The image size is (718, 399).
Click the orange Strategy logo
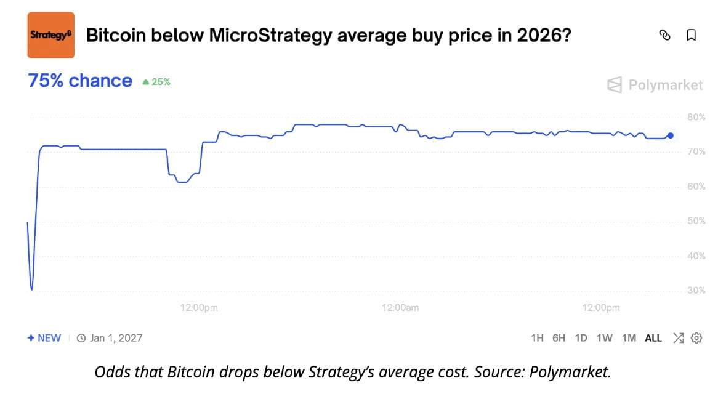point(51,35)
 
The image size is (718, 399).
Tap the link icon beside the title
point(664,35)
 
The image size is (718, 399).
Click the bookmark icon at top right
point(691,35)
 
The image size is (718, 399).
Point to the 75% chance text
point(80,81)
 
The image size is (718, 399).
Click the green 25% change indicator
point(156,81)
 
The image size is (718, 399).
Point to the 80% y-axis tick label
point(696,117)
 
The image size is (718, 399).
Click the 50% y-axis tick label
point(696,221)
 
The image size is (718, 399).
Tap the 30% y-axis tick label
point(696,291)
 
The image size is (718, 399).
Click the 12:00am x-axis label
point(400,307)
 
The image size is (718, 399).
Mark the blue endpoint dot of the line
point(671,135)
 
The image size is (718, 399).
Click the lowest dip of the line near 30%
point(31,289)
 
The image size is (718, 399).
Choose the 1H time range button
point(537,338)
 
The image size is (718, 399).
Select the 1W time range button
point(604,338)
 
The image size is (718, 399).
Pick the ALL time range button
point(653,338)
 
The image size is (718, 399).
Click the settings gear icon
point(696,338)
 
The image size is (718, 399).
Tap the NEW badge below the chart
point(44,338)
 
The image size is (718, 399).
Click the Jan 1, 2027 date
point(116,338)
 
